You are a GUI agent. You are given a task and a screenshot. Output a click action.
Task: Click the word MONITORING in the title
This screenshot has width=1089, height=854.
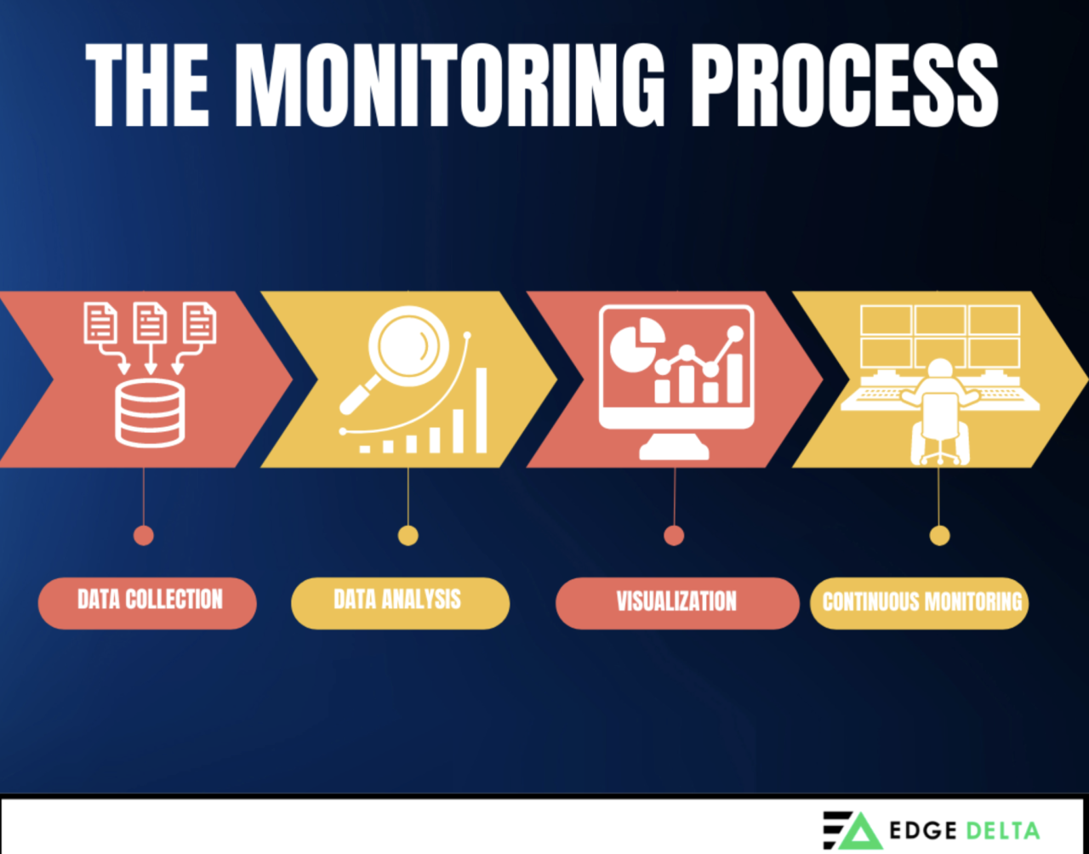pyautogui.click(x=451, y=85)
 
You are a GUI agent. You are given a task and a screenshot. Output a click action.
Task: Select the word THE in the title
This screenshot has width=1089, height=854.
pyautogui.click(x=148, y=85)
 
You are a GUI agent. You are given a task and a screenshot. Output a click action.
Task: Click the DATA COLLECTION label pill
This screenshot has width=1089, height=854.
pyautogui.click(x=147, y=602)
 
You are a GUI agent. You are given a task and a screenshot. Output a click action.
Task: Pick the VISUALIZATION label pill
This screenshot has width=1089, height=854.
pyautogui.click(x=676, y=603)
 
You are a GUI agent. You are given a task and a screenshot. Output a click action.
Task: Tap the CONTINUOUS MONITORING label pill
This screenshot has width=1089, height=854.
pyautogui.click(x=920, y=603)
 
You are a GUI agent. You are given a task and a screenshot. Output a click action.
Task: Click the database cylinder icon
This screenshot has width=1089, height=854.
pyautogui.click(x=149, y=413)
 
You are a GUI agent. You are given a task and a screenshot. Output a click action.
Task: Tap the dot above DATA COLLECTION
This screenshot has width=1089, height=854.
pyautogui.click(x=144, y=535)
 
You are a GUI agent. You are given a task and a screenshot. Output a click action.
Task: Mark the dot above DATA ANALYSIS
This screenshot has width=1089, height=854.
pyautogui.click(x=408, y=535)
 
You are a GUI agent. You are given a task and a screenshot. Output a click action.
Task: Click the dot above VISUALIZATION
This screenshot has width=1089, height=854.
pyautogui.click(x=674, y=535)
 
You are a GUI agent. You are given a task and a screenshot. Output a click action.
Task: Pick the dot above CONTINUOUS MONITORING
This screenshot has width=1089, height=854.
pyautogui.click(x=939, y=535)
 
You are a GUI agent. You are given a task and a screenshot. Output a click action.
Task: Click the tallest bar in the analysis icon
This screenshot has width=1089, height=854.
pyautogui.click(x=481, y=410)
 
